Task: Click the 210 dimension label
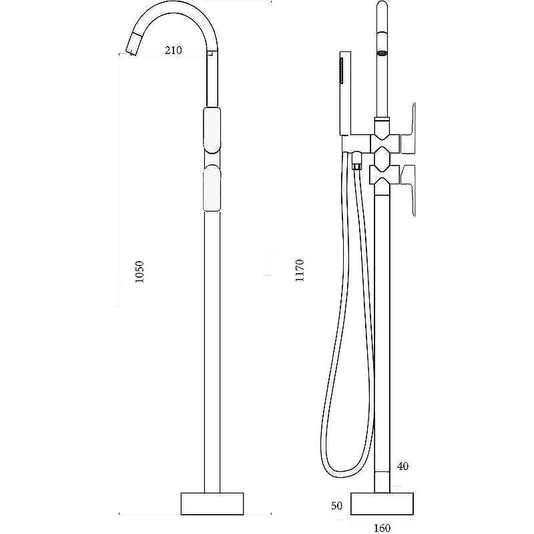174,51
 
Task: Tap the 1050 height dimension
140,272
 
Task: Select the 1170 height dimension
299,270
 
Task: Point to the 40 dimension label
403,466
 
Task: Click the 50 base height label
337,506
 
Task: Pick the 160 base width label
382,528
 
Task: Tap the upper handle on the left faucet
212,129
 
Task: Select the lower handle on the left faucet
212,188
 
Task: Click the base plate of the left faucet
212,504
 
